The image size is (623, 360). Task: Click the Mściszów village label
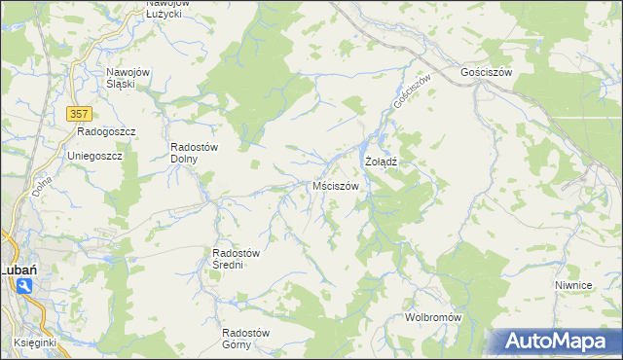[336, 185]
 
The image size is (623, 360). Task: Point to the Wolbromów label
[432, 318]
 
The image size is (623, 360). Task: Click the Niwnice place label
[573, 285]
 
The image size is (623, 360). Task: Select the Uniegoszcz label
[93, 156]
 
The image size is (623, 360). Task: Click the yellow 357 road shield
[80, 114]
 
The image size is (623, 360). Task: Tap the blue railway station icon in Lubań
[23, 285]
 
